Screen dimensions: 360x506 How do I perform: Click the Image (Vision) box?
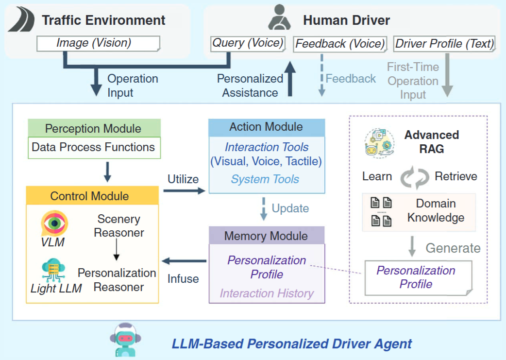pyautogui.click(x=99, y=43)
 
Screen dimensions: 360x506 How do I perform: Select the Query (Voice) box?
pyautogui.click(x=248, y=43)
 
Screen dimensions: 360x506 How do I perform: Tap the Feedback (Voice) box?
pyautogui.click(x=340, y=44)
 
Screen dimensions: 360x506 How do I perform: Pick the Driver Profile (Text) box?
pyautogui.click(x=444, y=44)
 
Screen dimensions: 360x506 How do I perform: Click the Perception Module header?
pyautogui.click(x=93, y=129)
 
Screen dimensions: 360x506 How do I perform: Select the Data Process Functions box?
pyautogui.click(x=93, y=147)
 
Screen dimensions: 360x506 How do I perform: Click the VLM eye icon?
pyautogui.click(x=54, y=223)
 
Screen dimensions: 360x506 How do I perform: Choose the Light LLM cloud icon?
pyautogui.click(x=53, y=270)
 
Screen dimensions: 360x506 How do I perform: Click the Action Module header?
pyautogui.click(x=266, y=127)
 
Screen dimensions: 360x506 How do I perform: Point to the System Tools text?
pyautogui.click(x=265, y=179)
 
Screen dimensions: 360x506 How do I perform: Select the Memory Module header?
pyautogui.click(x=266, y=236)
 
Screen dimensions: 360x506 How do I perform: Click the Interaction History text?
pyautogui.click(x=267, y=293)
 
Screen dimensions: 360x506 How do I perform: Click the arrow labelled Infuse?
pyautogui.click(x=184, y=261)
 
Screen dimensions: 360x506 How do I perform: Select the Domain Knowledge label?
pyautogui.click(x=436, y=210)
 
